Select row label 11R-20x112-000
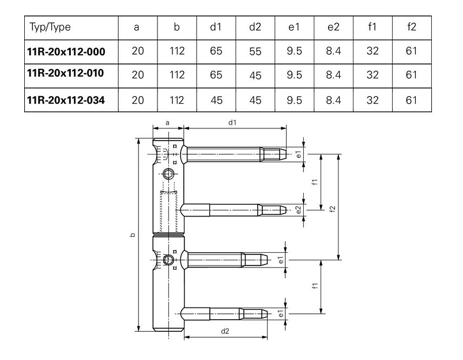66,52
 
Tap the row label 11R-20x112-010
65,73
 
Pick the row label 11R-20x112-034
66,100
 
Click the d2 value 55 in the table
255,51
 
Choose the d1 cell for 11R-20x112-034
216,100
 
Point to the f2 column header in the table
412,27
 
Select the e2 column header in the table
333,27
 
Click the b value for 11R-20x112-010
177,75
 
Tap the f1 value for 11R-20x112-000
372,51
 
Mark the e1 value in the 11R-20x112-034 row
294,100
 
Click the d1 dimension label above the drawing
233,123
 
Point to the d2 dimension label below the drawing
225,331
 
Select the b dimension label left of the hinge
133,235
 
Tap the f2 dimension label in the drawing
333,209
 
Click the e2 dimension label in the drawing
299,210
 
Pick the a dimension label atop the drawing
168,123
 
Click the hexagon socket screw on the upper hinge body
168,174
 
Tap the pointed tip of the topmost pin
286,154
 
